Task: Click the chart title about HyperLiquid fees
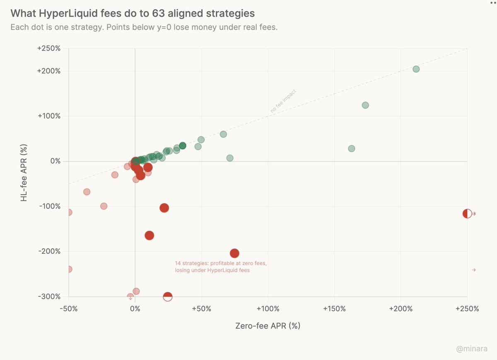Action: tap(133, 13)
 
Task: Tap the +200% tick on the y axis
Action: tap(48, 71)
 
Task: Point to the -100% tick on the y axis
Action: tap(49, 206)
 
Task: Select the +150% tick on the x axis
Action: tap(334, 309)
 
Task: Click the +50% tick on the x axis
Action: tap(201, 309)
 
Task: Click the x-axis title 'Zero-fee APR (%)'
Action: tap(268, 326)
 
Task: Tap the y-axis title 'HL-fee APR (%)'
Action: tap(24, 173)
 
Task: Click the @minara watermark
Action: tap(472, 349)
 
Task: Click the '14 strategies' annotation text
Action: tap(221, 267)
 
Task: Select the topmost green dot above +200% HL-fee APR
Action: tap(416, 69)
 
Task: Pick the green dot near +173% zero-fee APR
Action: tap(365, 105)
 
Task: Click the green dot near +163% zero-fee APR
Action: tap(352, 148)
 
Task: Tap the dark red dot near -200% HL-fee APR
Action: tap(234, 253)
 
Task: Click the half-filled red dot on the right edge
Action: tap(467, 214)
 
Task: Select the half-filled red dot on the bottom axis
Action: tap(168, 296)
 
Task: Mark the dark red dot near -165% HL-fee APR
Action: tap(150, 236)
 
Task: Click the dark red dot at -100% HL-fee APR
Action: tap(164, 208)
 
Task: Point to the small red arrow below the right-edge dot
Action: tap(474, 270)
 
